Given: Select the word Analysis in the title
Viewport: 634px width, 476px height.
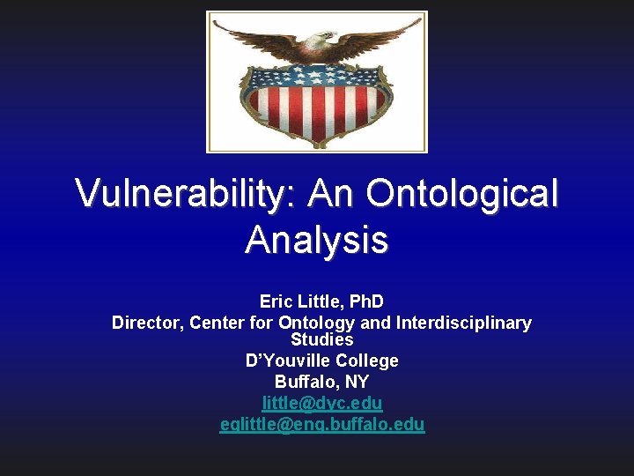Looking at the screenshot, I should (x=317, y=239).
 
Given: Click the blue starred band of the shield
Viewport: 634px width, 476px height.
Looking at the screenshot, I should (x=316, y=78).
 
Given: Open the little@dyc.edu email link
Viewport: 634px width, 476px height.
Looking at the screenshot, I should (x=322, y=403).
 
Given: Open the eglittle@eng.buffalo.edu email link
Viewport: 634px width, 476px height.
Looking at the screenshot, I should (x=322, y=424).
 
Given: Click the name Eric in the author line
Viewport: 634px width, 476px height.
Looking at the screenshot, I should (x=276, y=301).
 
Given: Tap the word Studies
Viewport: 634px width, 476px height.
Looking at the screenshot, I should (x=322, y=339).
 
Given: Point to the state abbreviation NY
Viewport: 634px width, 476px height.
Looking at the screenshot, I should (x=358, y=382).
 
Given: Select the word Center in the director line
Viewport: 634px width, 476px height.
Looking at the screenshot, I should (x=217, y=323).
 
